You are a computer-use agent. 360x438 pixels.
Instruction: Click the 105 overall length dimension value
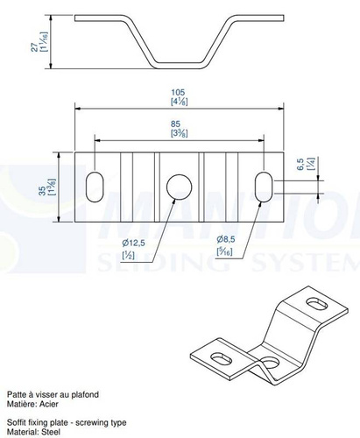click(178, 93)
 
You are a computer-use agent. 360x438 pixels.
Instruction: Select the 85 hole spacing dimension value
click(176, 124)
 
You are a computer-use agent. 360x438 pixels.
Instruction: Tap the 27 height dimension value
click(34, 47)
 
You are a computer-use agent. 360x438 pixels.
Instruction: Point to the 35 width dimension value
click(43, 191)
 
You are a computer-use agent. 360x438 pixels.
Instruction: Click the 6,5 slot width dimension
click(300, 164)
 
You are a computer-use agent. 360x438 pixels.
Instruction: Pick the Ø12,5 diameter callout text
click(133, 243)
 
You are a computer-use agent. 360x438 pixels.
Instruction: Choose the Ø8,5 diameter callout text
click(226, 239)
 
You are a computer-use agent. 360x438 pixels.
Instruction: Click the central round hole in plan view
click(179, 187)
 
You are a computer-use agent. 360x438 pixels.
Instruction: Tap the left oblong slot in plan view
click(95, 187)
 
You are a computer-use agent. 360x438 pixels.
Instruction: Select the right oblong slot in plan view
click(264, 187)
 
